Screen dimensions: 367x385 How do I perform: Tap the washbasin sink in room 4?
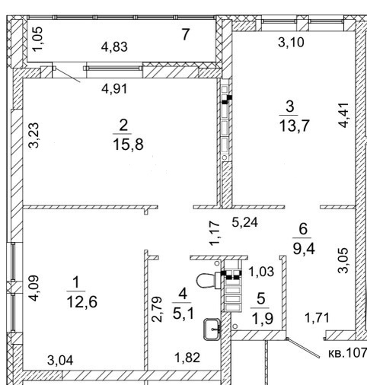point(212,329)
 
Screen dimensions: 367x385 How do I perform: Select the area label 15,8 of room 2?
point(128,145)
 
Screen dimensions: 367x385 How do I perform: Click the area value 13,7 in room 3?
point(294,126)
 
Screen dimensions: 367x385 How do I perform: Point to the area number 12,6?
point(81,302)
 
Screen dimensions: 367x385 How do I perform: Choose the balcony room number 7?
point(186,34)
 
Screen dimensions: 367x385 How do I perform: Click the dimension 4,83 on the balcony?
point(114,47)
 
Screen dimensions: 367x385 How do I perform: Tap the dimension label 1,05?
point(38,39)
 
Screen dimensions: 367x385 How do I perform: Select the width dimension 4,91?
point(114,89)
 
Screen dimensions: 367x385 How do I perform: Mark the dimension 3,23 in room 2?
point(34,135)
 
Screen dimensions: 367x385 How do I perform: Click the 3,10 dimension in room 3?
point(291,43)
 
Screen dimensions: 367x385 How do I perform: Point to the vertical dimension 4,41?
point(343,115)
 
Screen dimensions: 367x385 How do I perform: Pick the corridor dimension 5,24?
point(245,222)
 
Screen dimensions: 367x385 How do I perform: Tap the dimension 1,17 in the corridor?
point(214,233)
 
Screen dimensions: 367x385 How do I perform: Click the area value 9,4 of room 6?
point(304,249)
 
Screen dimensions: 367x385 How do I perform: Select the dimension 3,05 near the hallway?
point(343,260)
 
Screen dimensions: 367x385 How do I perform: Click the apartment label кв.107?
point(347,353)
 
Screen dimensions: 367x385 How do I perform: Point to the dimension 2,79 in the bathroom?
point(157,309)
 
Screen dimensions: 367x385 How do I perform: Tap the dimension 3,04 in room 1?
point(60,361)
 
